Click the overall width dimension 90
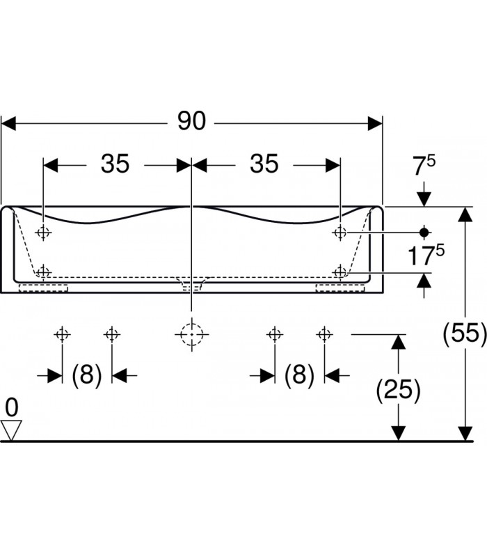point(191,122)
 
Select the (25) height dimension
point(398,391)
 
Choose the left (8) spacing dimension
point(87,375)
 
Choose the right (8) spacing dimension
point(299,375)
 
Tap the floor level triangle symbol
point(12,430)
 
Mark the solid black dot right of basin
point(423,231)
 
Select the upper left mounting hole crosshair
point(44,232)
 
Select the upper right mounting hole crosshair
point(340,232)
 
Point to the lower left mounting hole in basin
point(44,271)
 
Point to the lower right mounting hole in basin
point(340,271)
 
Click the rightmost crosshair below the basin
point(324,335)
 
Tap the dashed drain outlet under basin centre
point(191,284)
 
